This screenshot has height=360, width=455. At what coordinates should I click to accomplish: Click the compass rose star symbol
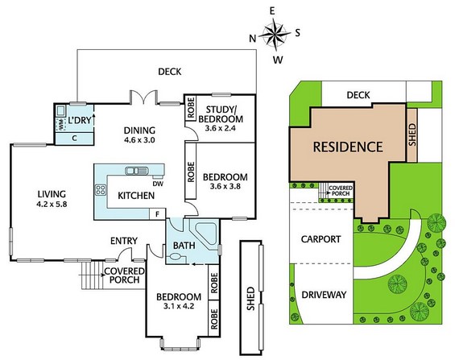click(x=275, y=34)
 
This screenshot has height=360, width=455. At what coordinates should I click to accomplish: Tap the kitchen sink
click(x=136, y=171)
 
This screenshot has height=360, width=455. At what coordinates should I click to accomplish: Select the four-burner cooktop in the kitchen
click(x=101, y=190)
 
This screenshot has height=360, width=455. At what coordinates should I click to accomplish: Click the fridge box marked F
click(x=157, y=214)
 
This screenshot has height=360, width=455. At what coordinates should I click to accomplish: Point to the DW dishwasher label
click(x=159, y=184)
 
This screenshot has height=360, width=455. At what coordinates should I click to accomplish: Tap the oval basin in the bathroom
click(x=176, y=256)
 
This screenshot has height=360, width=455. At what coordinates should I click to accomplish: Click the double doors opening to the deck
click(x=143, y=97)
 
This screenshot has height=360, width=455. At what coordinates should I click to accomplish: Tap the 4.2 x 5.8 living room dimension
click(x=52, y=205)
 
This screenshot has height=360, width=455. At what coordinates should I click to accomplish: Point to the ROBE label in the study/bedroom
click(x=191, y=108)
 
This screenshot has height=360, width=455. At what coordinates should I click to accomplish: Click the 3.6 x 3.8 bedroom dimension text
click(x=225, y=186)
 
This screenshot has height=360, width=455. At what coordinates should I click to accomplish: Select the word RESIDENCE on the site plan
click(x=348, y=147)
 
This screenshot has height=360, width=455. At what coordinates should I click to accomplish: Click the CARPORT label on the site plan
click(x=321, y=239)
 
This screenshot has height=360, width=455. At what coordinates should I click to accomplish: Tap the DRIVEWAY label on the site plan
click(x=324, y=295)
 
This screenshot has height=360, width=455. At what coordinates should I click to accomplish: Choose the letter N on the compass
click(x=253, y=39)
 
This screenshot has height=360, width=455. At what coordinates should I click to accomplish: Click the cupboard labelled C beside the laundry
click(x=75, y=139)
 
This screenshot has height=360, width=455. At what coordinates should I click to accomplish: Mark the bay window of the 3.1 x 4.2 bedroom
click(x=180, y=344)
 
